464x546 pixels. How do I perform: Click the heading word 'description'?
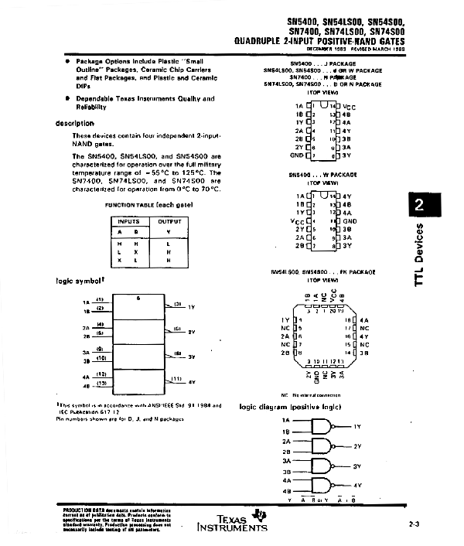pos(75,124)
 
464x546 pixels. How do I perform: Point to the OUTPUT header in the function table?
pos(169,221)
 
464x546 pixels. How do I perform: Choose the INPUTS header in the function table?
pos(129,221)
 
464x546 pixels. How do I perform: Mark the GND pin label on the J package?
pos(296,155)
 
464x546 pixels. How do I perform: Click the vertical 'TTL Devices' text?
pos(419,255)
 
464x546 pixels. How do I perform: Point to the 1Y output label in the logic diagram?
pos(357,427)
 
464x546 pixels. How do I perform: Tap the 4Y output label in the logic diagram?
pos(357,486)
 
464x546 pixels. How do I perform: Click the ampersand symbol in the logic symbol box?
pos(138,298)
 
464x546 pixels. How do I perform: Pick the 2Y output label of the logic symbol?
pos(191,332)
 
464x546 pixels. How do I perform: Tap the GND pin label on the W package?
pos(348,221)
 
